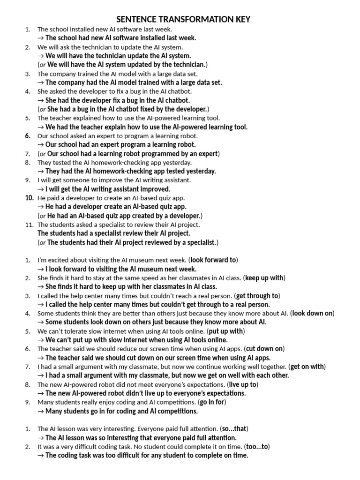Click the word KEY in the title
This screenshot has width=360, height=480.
tap(240, 19)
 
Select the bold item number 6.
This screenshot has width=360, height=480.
tap(28, 136)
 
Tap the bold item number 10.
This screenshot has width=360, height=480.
tap(29, 198)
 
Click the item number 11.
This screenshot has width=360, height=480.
tap(29, 225)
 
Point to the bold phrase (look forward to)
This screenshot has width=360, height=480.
tap(213, 260)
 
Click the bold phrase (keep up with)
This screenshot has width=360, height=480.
tap(264, 277)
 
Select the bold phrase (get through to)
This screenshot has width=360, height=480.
tap(257, 296)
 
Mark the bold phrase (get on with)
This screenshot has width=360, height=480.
tap(307, 367)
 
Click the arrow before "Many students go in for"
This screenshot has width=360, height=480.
tap(40, 411)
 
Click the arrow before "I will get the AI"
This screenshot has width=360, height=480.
tap(40, 189)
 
